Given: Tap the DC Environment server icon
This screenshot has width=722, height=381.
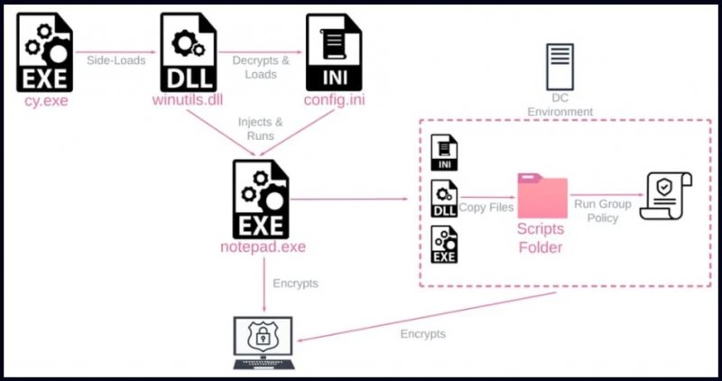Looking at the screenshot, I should point(560,67).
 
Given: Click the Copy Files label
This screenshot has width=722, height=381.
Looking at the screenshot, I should point(486,208).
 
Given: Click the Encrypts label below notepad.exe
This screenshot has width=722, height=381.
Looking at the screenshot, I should point(296,283).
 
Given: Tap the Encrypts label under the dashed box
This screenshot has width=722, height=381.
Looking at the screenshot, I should point(422,333).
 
